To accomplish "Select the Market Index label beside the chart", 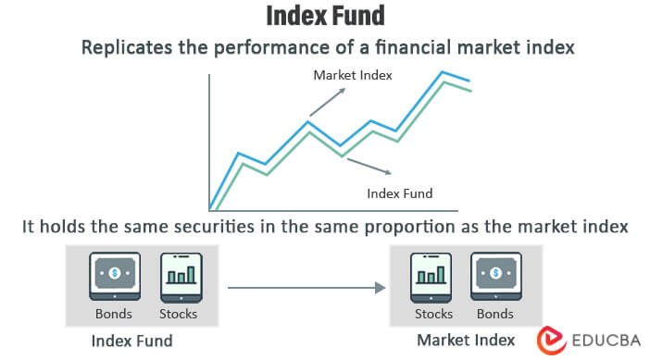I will pos(354,75).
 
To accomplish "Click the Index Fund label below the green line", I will pos(400,193).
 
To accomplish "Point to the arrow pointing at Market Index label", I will pos(327,103).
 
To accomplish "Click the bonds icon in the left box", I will pos(114,276).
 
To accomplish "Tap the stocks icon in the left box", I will pos(179,276).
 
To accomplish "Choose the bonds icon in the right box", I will pos(496,276).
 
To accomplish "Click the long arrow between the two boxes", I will pos(306,288).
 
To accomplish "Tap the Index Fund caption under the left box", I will pos(131,341).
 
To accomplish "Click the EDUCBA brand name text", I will pos(602,340).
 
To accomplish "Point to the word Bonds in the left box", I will pos(114,314).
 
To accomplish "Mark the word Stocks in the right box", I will pos(433,314).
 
